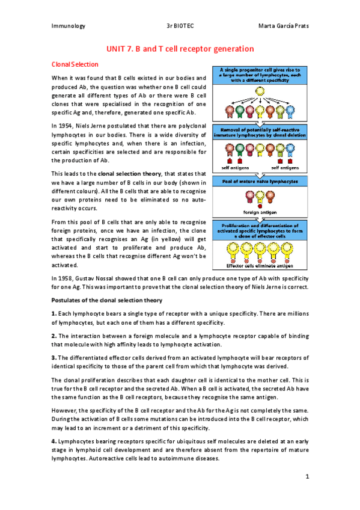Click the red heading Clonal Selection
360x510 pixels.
click(x=75, y=64)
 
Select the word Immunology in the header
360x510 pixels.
click(x=68, y=26)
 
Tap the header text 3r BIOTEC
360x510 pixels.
click(x=180, y=26)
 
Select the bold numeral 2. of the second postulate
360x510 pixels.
click(x=55, y=336)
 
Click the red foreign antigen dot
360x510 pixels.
click(x=260, y=206)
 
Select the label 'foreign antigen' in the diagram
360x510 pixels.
click(x=260, y=212)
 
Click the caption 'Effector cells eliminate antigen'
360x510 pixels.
click(x=260, y=266)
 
